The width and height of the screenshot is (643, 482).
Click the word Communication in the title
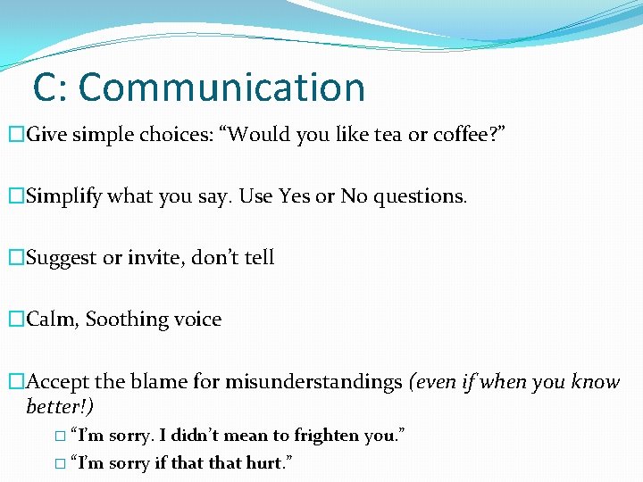point(222,87)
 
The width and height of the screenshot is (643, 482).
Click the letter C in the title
point(46,87)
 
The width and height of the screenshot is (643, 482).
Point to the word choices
point(170,135)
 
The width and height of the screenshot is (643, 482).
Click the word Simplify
point(64,196)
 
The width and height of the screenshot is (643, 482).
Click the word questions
point(418,196)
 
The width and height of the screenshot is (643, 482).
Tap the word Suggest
point(63,258)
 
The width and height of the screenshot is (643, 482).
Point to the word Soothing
point(127,320)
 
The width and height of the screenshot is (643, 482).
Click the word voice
point(198,320)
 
